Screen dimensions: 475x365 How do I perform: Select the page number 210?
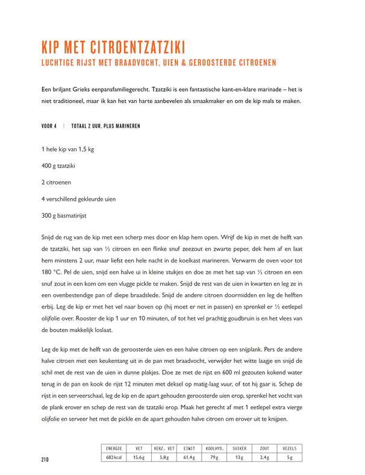45,459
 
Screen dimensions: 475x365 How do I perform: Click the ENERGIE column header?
114,448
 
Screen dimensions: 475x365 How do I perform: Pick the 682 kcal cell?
114,458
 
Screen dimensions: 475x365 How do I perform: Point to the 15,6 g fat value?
139,458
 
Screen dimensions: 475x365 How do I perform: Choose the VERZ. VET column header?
164,448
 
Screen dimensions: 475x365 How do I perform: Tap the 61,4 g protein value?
189,458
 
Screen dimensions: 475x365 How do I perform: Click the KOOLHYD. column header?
215,448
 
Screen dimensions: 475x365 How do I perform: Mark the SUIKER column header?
240,448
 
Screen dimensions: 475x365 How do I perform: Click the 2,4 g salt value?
264,458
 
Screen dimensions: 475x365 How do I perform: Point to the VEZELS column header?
290,448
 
